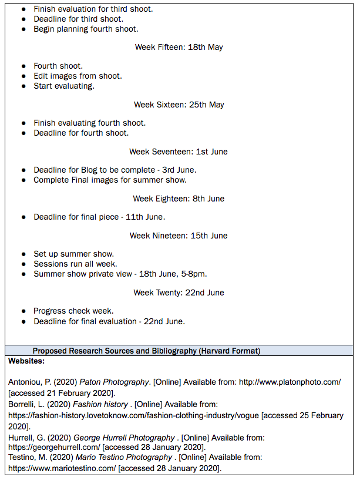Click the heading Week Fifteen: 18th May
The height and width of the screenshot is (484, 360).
[x=179, y=47]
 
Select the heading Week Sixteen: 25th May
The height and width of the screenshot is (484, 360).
[x=179, y=105]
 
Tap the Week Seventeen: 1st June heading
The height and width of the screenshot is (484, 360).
[x=179, y=152]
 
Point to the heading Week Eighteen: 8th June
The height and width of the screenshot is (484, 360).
[x=179, y=199]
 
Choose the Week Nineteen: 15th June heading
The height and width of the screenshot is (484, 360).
[x=179, y=236]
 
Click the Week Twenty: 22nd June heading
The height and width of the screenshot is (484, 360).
[x=179, y=293]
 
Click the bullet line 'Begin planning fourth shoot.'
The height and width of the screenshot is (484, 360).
[x=86, y=29]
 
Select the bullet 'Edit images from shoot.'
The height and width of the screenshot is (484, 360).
[x=78, y=76]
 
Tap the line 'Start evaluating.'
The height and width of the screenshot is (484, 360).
[x=64, y=86]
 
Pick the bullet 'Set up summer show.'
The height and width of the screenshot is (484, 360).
[x=73, y=254]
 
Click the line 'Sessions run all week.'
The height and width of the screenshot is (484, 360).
[x=75, y=264]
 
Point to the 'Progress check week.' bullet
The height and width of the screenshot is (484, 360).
[x=73, y=311]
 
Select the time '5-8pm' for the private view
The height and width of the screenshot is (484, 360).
[x=193, y=274]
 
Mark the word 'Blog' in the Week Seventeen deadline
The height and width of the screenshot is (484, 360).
[x=80, y=170]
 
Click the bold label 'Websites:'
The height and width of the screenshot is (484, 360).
[x=26, y=361]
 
